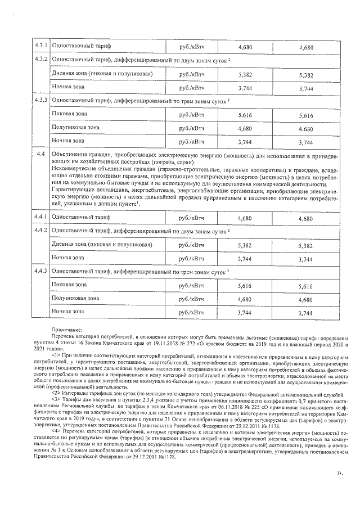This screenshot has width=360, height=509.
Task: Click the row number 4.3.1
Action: pos(40,46)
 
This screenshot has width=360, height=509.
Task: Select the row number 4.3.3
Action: pos(40,100)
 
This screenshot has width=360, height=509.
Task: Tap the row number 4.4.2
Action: pos(40,231)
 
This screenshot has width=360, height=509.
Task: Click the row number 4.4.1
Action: pos(40,217)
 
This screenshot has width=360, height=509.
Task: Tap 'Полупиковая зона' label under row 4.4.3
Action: pos(75,298)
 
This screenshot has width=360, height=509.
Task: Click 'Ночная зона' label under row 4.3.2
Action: pos(68,87)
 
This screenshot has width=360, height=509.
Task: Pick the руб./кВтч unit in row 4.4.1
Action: pos(191,217)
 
